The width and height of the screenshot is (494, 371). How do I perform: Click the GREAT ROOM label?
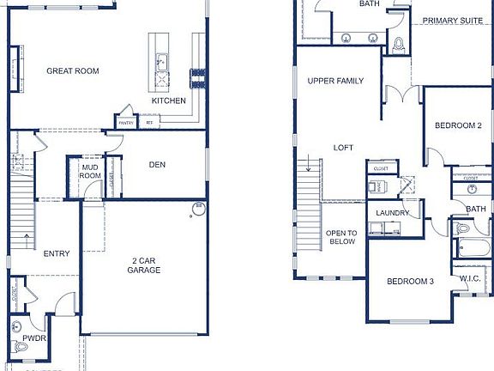click(x=73, y=71)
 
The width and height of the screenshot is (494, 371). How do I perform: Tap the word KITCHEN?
click(x=169, y=100)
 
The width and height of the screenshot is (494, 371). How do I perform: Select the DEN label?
click(x=157, y=165)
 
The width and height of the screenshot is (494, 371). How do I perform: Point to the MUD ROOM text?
click(x=90, y=170)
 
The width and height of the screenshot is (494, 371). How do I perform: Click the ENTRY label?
click(x=57, y=253)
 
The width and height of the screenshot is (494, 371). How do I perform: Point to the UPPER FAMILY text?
click(x=335, y=81)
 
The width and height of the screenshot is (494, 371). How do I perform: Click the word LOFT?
click(x=343, y=148)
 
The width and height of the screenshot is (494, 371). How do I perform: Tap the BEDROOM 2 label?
click(x=458, y=125)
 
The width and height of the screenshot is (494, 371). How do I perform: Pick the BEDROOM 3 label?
click(x=409, y=282)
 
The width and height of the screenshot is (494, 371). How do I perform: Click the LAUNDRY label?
click(x=393, y=213)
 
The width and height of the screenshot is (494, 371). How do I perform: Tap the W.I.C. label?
click(x=469, y=278)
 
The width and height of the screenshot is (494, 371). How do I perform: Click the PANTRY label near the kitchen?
click(x=126, y=123)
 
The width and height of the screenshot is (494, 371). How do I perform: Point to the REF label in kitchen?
click(x=149, y=123)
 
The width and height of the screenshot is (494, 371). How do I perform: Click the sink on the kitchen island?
click(x=160, y=62)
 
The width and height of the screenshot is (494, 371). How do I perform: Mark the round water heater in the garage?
click(x=198, y=208)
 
